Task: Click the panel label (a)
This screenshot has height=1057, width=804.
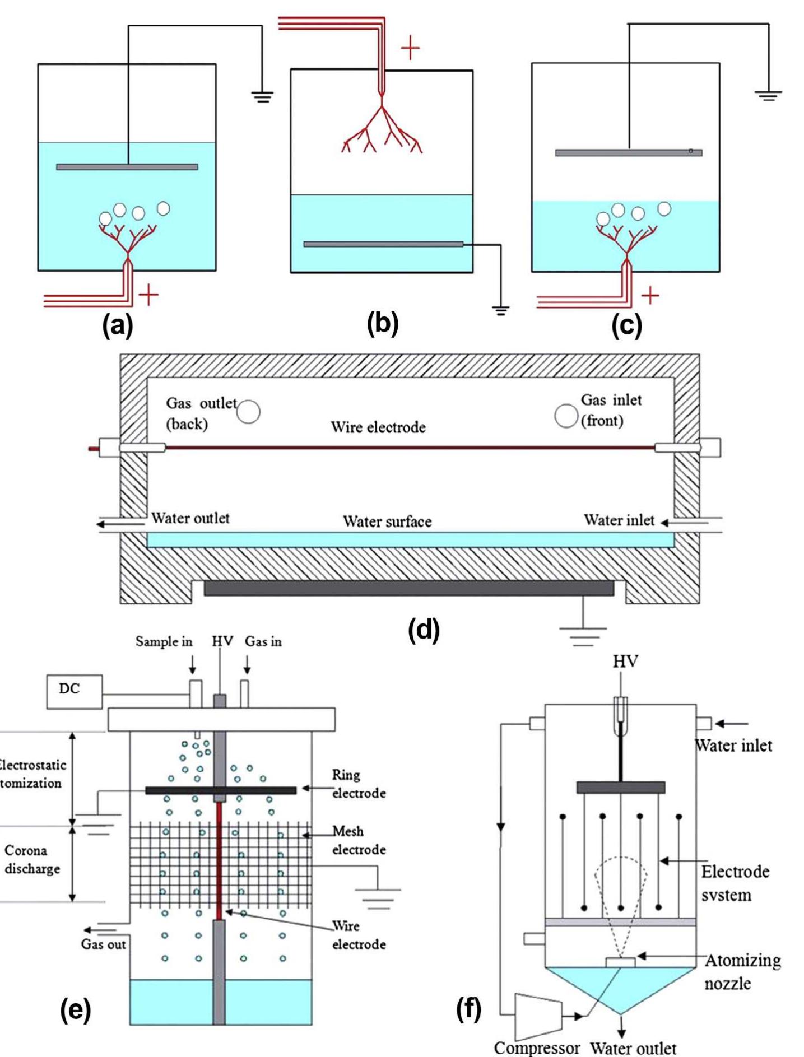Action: [118, 324]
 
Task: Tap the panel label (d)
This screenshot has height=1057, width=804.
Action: [424, 630]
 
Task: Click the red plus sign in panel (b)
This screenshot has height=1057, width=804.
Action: [410, 49]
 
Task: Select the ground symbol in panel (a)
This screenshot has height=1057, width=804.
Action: [262, 97]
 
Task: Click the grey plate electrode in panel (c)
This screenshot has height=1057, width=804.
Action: [628, 152]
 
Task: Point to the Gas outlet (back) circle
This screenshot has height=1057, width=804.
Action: [248, 412]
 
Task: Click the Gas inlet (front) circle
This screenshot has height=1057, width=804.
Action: [566, 416]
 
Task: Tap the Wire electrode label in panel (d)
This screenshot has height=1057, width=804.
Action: [378, 427]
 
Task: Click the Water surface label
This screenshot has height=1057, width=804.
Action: [387, 522]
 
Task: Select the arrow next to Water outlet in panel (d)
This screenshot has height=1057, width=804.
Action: [109, 524]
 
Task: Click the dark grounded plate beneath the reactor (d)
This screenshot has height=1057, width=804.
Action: [408, 588]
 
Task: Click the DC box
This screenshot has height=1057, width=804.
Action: [75, 691]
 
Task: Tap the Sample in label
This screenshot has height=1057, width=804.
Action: [164, 641]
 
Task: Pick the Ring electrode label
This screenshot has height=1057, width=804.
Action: [359, 784]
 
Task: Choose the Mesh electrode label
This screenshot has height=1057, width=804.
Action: [359, 840]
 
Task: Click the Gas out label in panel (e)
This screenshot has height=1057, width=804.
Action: [104, 944]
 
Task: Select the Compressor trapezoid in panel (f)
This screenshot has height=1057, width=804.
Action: [537, 1016]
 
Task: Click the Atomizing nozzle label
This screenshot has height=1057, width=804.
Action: [742, 972]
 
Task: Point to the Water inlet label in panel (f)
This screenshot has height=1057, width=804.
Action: [733, 746]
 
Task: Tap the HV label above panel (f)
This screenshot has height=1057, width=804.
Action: [625, 662]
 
